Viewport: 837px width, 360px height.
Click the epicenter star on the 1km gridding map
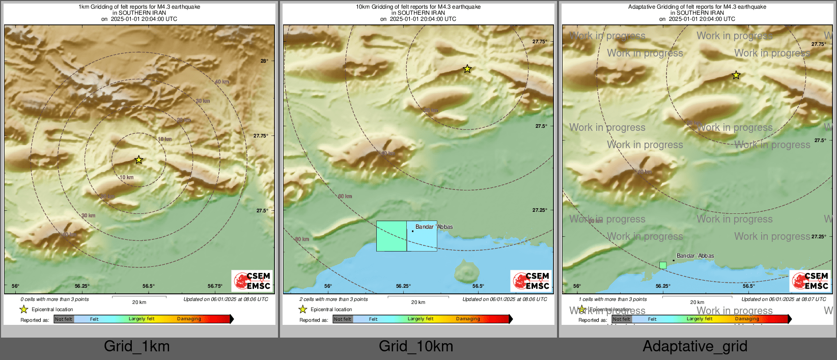pyautogui.click(x=138, y=160)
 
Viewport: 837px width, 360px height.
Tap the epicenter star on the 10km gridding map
pyautogui.click(x=467, y=69)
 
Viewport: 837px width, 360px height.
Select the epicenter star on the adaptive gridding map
pyautogui.click(x=736, y=75)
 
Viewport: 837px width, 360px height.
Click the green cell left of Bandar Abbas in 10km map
pyautogui.click(x=392, y=236)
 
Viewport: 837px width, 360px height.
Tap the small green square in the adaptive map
pyautogui.click(x=662, y=265)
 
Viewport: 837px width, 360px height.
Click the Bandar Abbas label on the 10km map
pyautogui.click(x=434, y=227)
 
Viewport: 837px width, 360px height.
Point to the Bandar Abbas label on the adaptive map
pyautogui.click(x=695, y=256)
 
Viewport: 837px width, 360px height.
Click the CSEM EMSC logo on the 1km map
pyautogui.click(x=252, y=281)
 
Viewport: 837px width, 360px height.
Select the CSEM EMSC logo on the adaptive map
pyautogui.click(x=810, y=281)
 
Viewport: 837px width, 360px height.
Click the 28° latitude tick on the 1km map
pyautogui.click(x=264, y=61)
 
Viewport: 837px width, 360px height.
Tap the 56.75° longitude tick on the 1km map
pyautogui.click(x=215, y=286)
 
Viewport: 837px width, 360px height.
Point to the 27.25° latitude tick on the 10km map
pyautogui.click(x=540, y=210)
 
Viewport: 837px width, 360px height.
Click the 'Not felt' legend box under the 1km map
pyautogui.click(x=64, y=319)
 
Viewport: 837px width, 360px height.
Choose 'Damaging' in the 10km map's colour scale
pyautogui.click(x=467, y=319)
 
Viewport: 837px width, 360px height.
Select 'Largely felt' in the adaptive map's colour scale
pyautogui.click(x=699, y=319)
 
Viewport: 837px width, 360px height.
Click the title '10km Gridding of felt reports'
pyautogui.click(x=418, y=7)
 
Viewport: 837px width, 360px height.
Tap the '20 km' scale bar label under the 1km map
pyautogui.click(x=139, y=302)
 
